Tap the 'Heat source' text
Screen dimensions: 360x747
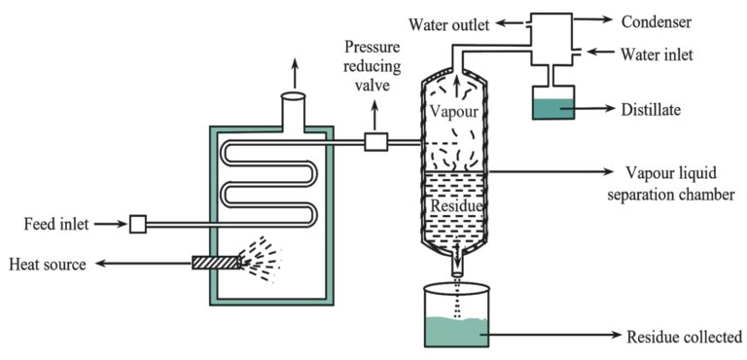coord(48,263)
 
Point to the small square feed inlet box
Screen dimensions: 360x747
coord(137,225)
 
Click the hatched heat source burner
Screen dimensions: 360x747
coord(216,262)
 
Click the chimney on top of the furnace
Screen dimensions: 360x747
coord(294,111)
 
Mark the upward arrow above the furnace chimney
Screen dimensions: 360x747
coord(294,70)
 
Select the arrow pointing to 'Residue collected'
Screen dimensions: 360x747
coord(554,337)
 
